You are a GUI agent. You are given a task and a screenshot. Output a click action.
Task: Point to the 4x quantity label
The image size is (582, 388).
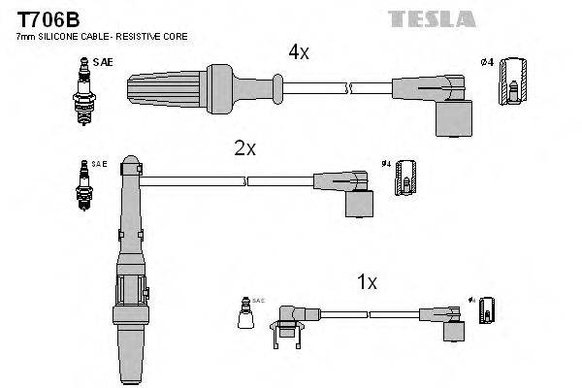pyautogui.click(x=298, y=52)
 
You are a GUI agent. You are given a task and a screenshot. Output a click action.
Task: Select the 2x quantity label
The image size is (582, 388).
pyautogui.click(x=244, y=148)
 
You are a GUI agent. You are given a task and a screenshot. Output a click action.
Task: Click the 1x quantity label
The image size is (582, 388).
pyautogui.click(x=367, y=282)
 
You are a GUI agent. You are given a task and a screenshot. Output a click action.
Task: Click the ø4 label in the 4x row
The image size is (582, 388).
pyautogui.click(x=487, y=63)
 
